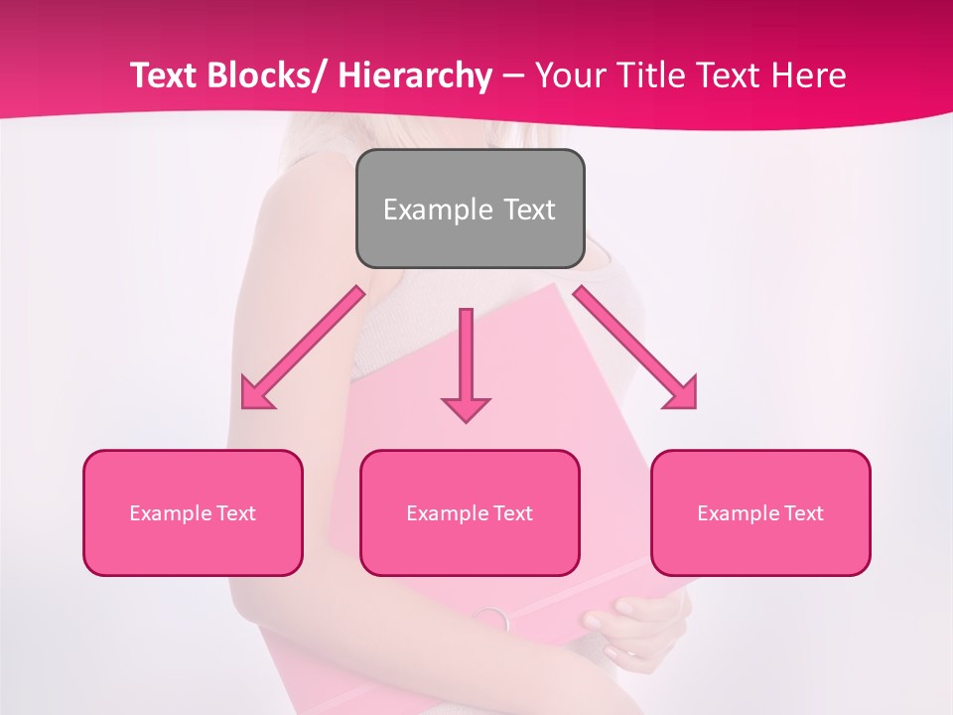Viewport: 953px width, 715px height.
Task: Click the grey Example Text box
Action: [x=470, y=209]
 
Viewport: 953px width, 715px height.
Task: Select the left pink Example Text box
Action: [x=193, y=512]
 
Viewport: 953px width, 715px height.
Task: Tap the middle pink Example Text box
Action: [x=470, y=512]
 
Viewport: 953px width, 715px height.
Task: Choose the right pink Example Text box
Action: [x=760, y=512]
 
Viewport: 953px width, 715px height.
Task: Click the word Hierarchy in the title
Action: [x=415, y=76]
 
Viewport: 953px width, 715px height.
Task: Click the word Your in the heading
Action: [x=567, y=76]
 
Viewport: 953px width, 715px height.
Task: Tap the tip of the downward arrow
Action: [x=466, y=421]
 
